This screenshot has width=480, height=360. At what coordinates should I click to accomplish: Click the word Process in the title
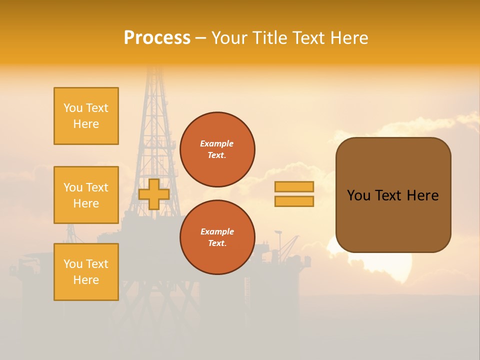(x=157, y=38)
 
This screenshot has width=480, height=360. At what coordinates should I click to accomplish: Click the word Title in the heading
(x=270, y=38)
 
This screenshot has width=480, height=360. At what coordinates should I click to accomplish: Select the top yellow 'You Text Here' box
(x=86, y=116)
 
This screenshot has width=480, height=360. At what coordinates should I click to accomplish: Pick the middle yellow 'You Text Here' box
(x=86, y=195)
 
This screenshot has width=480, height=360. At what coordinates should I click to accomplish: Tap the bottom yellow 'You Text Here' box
(x=86, y=272)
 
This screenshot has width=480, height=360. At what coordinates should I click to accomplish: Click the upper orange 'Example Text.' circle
(x=217, y=149)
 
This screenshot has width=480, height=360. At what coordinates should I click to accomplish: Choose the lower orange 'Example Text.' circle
(x=217, y=237)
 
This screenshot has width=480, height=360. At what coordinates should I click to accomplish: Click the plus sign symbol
(x=153, y=194)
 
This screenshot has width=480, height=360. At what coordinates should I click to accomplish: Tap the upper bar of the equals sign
(x=294, y=186)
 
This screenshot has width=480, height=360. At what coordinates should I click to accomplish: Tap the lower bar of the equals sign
(x=294, y=201)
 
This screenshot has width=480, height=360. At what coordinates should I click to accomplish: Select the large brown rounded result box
(x=393, y=195)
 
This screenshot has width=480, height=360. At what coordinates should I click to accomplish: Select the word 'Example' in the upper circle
(x=217, y=143)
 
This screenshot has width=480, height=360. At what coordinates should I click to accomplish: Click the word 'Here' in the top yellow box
(x=86, y=124)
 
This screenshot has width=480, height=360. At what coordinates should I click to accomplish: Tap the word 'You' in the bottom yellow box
(x=73, y=264)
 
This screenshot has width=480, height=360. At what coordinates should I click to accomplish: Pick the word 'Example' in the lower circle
(x=217, y=231)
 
